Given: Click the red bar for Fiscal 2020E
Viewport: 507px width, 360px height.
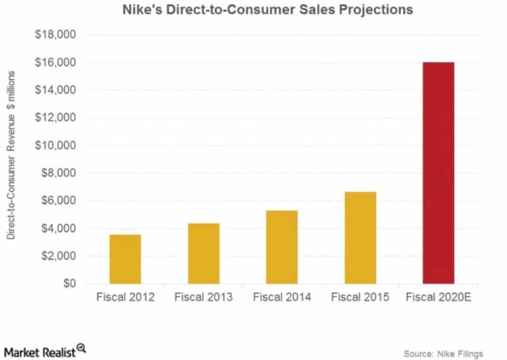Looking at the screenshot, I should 438,172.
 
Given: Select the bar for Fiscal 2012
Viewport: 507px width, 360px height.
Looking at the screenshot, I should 125,259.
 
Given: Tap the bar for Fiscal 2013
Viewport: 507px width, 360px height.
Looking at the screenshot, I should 204,253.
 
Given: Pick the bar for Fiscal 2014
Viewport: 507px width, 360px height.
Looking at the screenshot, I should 282,246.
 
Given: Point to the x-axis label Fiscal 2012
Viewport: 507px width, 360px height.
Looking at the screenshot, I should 125,297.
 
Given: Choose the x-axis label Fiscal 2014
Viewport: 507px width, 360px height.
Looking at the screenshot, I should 282,297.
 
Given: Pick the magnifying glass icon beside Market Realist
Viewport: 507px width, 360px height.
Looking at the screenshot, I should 81,349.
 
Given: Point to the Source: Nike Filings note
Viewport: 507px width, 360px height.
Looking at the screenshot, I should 443,353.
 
